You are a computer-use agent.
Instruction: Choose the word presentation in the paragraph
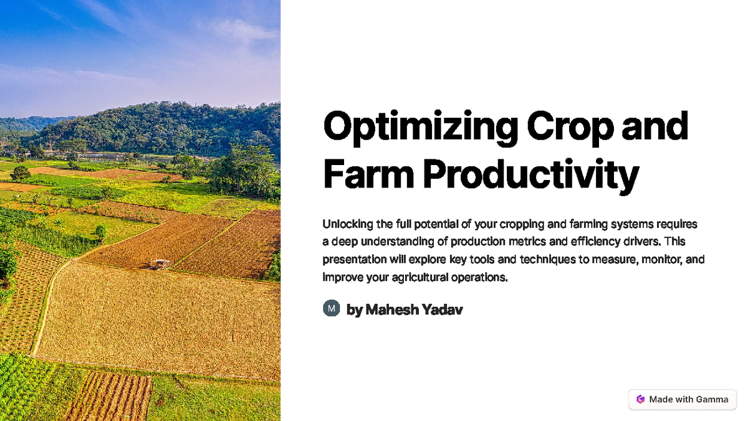tap(353, 260)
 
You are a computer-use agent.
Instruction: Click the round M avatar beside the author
tap(331, 308)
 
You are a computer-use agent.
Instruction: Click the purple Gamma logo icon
tap(640, 399)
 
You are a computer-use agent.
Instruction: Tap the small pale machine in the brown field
tap(161, 264)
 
